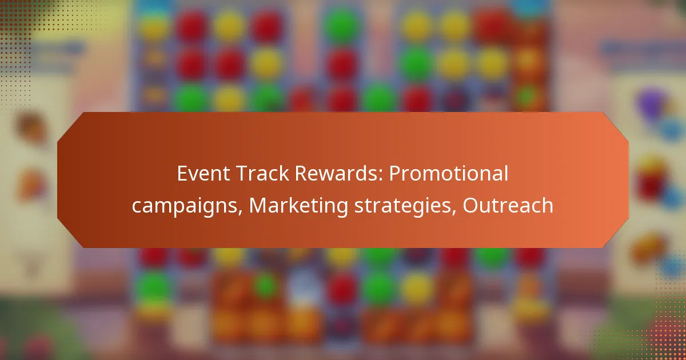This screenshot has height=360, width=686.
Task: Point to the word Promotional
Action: click(x=449, y=174)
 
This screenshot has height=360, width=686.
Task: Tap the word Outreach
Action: click(x=508, y=205)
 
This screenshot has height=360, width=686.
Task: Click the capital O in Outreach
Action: click(x=471, y=205)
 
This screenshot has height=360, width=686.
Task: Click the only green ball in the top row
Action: click(x=342, y=25)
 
